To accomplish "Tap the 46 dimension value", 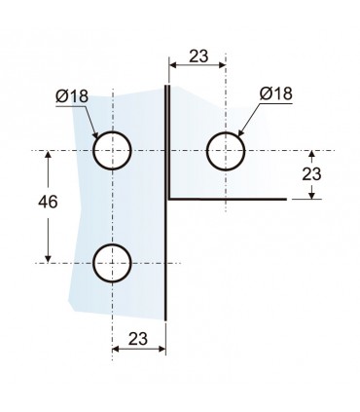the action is [x=48, y=202].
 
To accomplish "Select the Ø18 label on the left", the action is [x=72, y=96].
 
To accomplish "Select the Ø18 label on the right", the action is [x=276, y=94].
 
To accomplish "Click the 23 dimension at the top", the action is [x=198, y=56].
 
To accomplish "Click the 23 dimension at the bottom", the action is [x=138, y=339].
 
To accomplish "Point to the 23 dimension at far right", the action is [x=311, y=174].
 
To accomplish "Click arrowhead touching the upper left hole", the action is [x=94, y=134].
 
